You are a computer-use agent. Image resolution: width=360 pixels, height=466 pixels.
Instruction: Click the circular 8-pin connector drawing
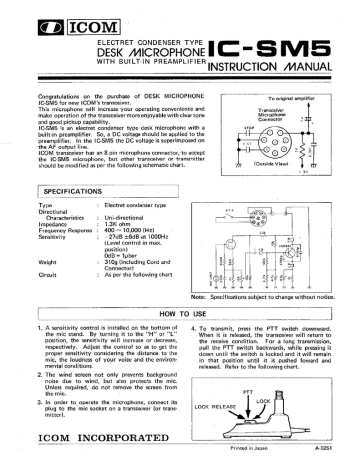click(306, 133)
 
